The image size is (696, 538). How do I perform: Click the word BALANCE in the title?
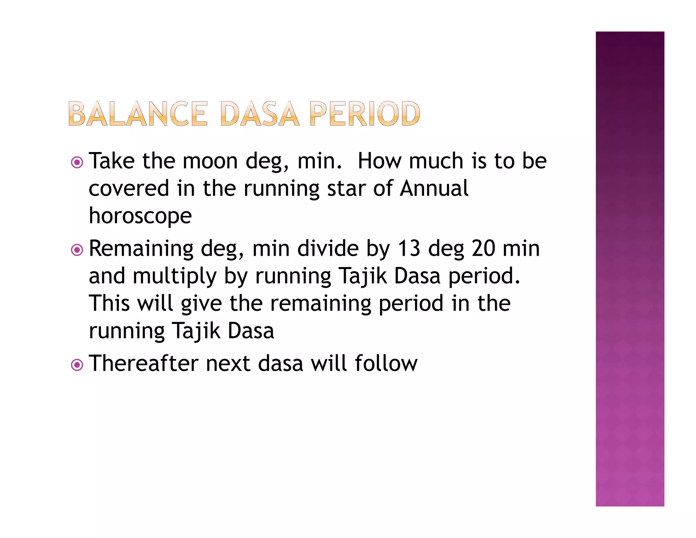tap(138, 114)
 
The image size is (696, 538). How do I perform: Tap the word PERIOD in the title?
tap(365, 114)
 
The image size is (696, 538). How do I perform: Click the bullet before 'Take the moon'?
tap(77, 162)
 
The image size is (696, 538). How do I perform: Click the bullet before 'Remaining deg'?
tap(77, 250)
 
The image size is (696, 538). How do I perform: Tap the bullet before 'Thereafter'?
tap(77, 365)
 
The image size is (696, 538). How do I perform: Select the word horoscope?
tap(140, 216)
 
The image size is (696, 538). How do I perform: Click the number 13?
tap(409, 249)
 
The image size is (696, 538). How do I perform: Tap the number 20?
tap(483, 249)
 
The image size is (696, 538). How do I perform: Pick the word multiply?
tap(174, 276)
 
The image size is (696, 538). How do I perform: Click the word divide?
tap(328, 249)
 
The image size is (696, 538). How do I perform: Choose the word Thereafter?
tap(143, 364)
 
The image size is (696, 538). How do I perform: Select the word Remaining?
tap(141, 249)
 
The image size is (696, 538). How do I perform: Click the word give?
tap(201, 304)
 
